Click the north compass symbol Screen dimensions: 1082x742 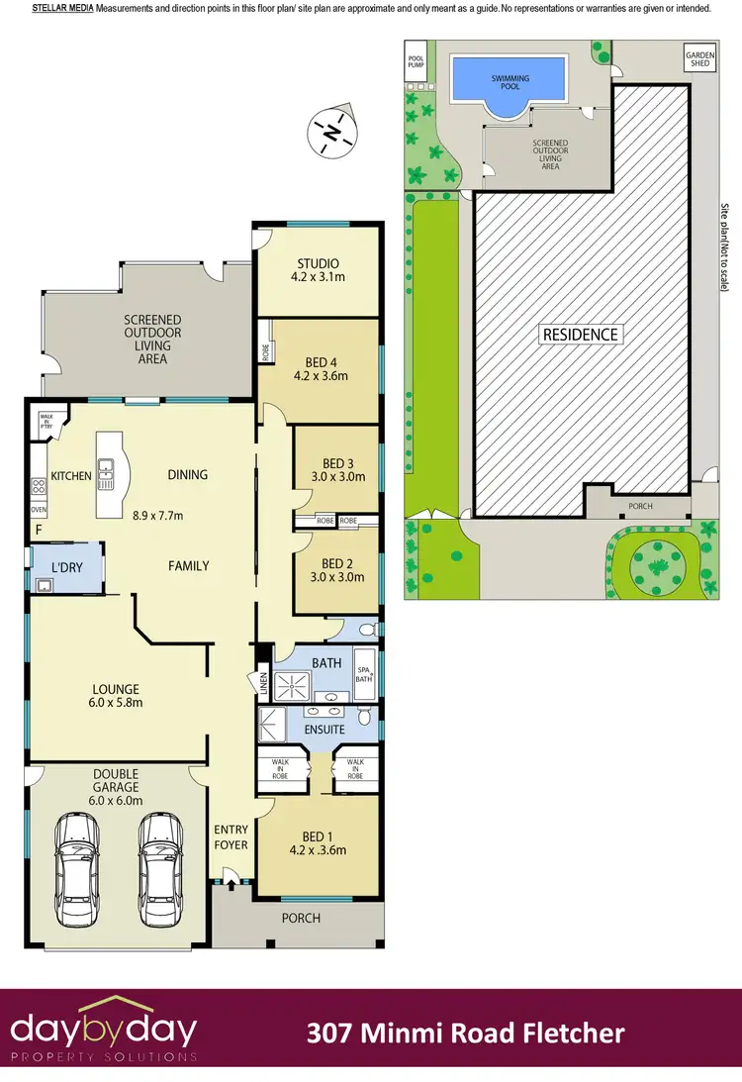[x=333, y=131]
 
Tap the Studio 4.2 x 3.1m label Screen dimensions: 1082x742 [x=318, y=271]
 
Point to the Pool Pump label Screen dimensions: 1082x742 [x=416, y=62]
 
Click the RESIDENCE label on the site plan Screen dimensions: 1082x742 [x=580, y=334]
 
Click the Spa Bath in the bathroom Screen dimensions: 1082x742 [x=365, y=674]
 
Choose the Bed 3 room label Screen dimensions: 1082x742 [x=337, y=469]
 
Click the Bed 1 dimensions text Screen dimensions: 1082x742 [x=317, y=849]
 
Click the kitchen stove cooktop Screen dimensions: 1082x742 [x=40, y=486]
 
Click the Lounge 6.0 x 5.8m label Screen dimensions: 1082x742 [x=117, y=696]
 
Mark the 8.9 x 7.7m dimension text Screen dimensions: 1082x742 [x=158, y=515]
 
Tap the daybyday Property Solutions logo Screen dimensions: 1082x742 [x=104, y=1033]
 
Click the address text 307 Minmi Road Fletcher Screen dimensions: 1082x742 [x=465, y=1034]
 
